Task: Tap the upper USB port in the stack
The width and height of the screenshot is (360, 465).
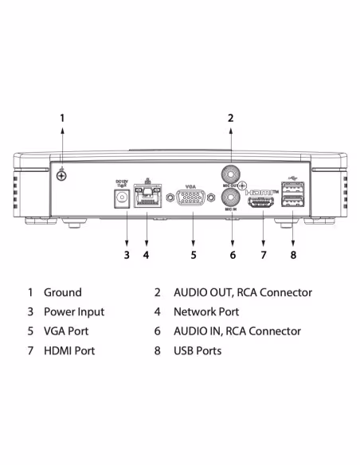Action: point(292,191)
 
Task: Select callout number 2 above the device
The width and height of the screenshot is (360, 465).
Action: point(231,118)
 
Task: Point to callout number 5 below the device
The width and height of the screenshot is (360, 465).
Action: point(193,255)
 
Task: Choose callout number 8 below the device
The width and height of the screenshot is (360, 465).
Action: point(292,255)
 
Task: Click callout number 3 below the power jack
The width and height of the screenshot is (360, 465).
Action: point(126,255)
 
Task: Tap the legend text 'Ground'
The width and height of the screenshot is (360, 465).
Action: point(63,293)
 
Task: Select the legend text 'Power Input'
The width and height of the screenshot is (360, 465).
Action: point(74,312)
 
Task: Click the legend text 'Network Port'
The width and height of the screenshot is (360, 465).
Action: point(205,312)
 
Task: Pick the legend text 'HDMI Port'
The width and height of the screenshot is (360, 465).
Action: point(70,350)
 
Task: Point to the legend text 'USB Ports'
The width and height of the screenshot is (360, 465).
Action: point(198,350)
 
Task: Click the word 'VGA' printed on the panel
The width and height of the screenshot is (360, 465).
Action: point(191,186)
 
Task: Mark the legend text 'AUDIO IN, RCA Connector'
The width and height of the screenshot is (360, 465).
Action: point(237,331)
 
